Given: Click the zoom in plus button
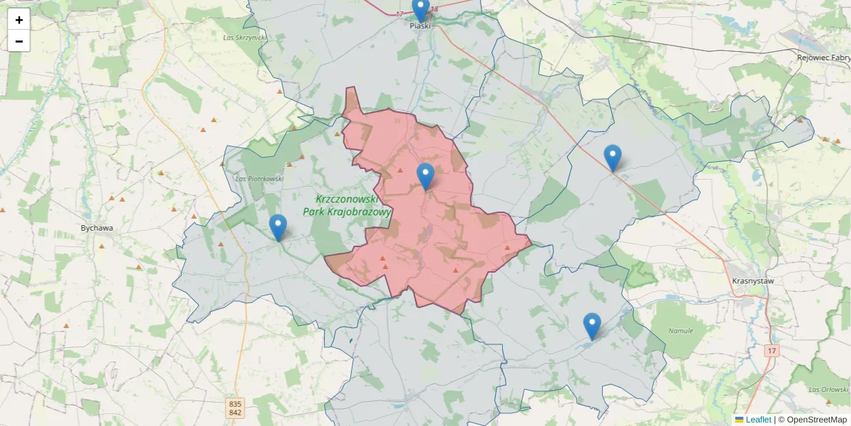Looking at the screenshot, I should tap(19, 20).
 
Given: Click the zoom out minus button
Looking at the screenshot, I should tap(19, 40).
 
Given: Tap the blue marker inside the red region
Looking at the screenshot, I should tap(425, 176).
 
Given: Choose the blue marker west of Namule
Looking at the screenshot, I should tap(591, 326).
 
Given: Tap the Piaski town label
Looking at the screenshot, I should tap(421, 26).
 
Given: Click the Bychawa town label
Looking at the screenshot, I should tap(97, 229).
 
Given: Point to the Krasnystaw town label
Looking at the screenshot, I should tap(752, 281).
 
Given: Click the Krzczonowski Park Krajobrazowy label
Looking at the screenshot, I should tap(347, 205).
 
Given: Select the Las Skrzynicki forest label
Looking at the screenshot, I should tap(244, 37).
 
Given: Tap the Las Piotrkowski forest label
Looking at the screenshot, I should tap(260, 179).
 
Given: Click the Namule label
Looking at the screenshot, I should tap(680, 331).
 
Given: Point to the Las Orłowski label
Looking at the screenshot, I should tap(828, 390).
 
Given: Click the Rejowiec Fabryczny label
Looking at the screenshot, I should tap(823, 58).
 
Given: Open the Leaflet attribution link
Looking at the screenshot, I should tap(758, 420).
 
